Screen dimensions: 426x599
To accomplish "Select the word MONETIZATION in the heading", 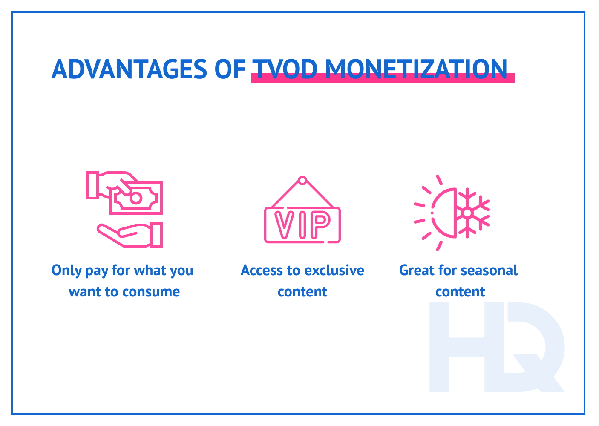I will [x=416, y=69].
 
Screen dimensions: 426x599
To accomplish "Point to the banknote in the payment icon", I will [x=136, y=198].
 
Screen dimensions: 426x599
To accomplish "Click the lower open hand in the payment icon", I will [x=128, y=235].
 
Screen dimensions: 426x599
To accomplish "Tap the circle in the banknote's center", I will [x=136, y=198].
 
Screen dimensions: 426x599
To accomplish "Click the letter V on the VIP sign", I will [x=283, y=225].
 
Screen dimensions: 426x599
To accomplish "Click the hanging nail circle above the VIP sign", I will [x=302, y=180].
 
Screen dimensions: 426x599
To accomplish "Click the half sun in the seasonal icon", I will [x=443, y=212].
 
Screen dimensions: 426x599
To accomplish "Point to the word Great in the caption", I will [x=417, y=271].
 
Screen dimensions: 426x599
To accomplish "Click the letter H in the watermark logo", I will [x=460, y=347].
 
